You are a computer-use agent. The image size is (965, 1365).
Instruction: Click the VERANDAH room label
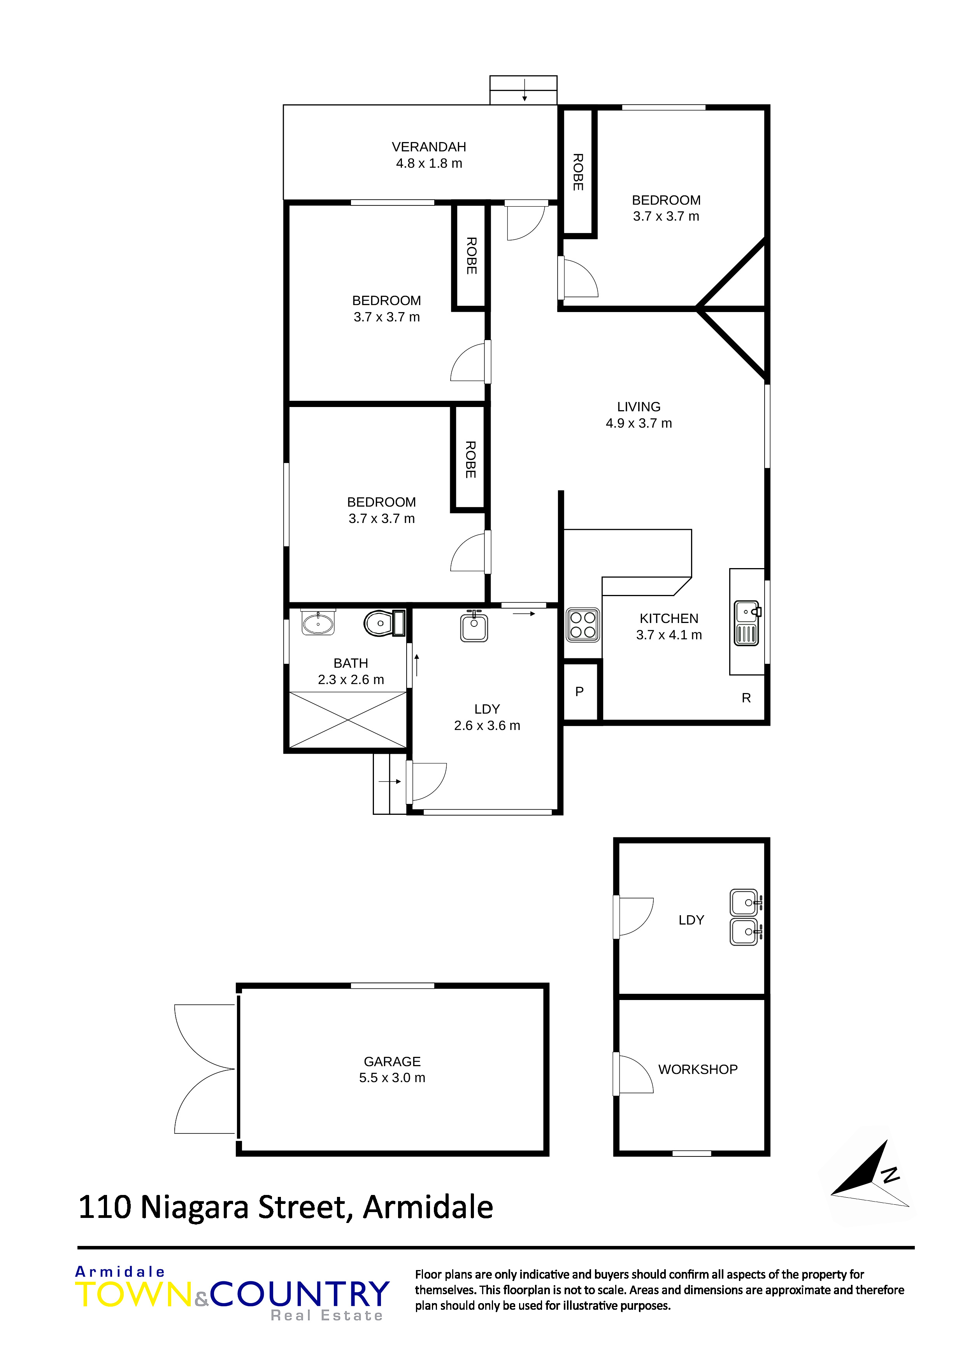pos(429,147)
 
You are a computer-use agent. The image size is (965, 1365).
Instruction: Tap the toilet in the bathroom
pos(384,623)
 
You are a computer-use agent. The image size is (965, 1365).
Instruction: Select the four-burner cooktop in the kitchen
pos(583,624)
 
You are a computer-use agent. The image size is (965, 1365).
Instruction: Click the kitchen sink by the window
pos(747,623)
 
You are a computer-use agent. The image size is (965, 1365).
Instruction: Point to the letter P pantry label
pos(580,691)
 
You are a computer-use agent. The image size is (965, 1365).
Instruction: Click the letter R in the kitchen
pos(746,698)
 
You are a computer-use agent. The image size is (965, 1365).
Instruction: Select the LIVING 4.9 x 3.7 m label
pos(639,415)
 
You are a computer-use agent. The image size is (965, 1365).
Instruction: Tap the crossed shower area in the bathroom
pos(348,719)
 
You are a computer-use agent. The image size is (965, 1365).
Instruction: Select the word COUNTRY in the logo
pos(300,1295)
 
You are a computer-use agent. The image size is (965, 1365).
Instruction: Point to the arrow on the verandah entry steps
pos(525,90)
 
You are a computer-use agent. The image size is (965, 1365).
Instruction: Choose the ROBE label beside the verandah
pos(578,172)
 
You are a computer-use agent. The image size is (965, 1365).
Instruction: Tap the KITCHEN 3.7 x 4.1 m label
pos(669,626)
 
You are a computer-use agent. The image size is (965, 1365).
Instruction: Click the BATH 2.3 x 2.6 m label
pos(351,671)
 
